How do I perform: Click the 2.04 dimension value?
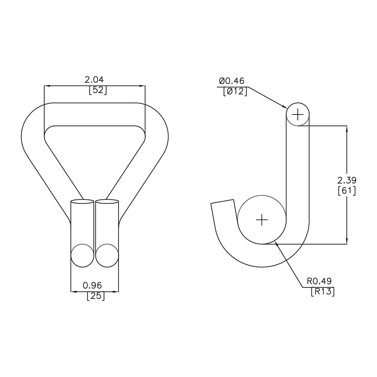[94, 80]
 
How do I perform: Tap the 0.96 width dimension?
[92, 285]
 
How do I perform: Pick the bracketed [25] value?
[96, 296]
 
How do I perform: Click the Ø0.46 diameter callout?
[232, 81]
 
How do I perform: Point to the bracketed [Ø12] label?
[235, 91]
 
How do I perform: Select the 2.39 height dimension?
[347, 180]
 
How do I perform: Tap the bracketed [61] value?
[347, 191]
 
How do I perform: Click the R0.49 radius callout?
[319, 281]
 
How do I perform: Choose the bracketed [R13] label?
[323, 292]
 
